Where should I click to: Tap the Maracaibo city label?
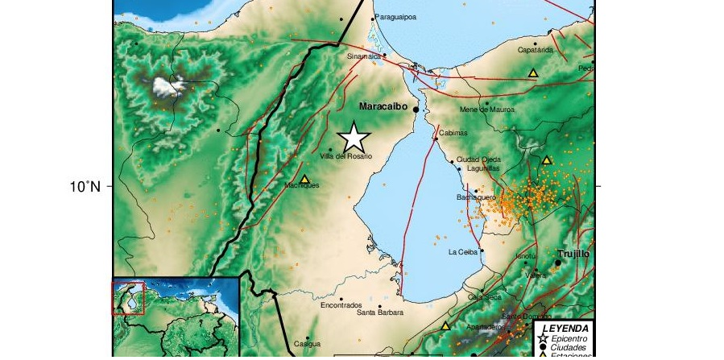(x=384, y=106)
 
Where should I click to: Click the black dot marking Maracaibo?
(x=416, y=109)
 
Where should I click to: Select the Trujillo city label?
(x=573, y=253)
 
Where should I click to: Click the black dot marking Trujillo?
(x=557, y=263)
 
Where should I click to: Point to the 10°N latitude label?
(x=85, y=187)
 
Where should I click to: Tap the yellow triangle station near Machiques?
(x=304, y=179)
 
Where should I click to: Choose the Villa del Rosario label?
(x=345, y=156)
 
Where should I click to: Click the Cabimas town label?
(x=453, y=133)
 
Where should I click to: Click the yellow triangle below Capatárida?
(x=532, y=73)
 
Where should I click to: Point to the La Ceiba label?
(x=463, y=252)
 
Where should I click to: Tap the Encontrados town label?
(x=341, y=305)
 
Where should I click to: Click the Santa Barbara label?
(x=379, y=312)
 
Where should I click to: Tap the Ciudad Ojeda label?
(x=478, y=159)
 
